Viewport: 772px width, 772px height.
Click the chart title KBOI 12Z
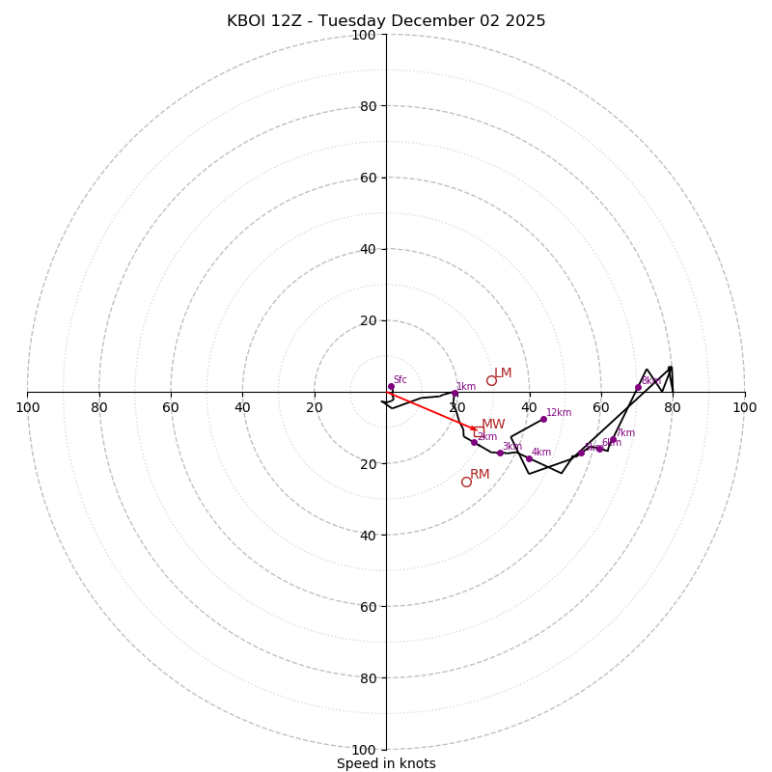(x=386, y=21)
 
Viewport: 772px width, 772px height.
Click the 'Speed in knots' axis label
(x=386, y=763)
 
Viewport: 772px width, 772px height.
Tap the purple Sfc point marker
(x=391, y=387)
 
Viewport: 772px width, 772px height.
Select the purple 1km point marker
(x=455, y=393)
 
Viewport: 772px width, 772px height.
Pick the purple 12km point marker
(x=543, y=419)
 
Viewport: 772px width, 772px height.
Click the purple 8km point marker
(x=638, y=388)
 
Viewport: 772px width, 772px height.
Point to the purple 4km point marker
(x=529, y=458)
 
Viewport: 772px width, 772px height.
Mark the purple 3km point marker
(x=500, y=453)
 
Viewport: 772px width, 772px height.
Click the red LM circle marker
(x=491, y=380)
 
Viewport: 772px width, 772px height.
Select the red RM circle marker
(x=466, y=482)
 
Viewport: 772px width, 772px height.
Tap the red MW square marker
(x=479, y=431)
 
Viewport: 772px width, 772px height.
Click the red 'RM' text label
(x=480, y=474)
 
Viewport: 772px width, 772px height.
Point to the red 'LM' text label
(x=503, y=373)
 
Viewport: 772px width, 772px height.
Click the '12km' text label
(x=559, y=412)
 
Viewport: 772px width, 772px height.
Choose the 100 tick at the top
(x=364, y=35)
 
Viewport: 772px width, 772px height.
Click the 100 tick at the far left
(x=28, y=407)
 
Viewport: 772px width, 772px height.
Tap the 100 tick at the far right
(x=744, y=407)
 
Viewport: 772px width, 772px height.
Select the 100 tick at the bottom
(x=364, y=749)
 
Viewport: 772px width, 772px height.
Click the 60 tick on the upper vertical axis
(x=367, y=178)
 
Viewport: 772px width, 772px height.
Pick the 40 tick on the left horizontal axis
(x=242, y=407)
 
